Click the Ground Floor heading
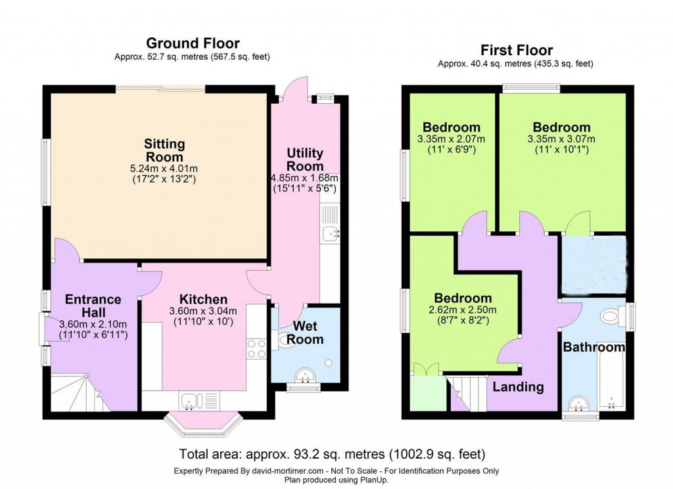[x=193, y=43]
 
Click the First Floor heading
[x=516, y=50]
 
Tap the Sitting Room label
[x=165, y=151]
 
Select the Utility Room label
[x=305, y=160]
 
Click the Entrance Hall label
[x=93, y=306]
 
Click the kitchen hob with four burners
[x=256, y=348]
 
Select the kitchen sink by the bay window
[x=189, y=399]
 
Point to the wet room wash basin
[x=304, y=377]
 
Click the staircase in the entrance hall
[x=72, y=393]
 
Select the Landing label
[x=519, y=386]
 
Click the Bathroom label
[x=593, y=347]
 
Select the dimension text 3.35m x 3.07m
[x=561, y=139]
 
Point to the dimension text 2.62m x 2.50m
[x=462, y=310]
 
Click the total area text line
[x=332, y=454]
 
